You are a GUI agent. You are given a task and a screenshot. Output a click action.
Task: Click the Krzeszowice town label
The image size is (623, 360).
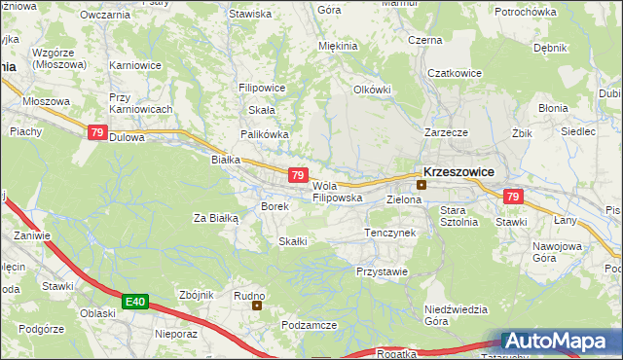coord(458,170)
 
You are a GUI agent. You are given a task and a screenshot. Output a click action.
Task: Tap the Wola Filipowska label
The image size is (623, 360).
coord(337,192)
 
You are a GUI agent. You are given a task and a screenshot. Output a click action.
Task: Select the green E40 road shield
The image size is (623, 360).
coord(135,303)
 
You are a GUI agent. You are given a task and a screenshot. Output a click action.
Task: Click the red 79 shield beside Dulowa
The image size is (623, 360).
coord(96,133)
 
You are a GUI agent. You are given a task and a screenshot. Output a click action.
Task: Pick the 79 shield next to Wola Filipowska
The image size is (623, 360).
coord(299,175)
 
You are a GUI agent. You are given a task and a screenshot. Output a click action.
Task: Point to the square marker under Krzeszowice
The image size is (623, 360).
coord(421,184)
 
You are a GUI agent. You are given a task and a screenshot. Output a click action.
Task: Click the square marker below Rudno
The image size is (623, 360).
coord(257,306)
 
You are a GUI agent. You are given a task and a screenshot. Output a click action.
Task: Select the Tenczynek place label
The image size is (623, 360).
coord(389,234)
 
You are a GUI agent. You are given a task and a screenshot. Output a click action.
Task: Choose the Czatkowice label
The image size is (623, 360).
coord(455,72)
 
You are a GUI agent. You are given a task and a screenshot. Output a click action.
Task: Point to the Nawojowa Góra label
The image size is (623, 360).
coord(556,252)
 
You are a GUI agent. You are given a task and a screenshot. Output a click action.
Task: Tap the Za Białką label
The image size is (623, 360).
coord(216,218)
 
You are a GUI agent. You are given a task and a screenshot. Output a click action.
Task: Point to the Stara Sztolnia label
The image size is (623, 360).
coord(458,216)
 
